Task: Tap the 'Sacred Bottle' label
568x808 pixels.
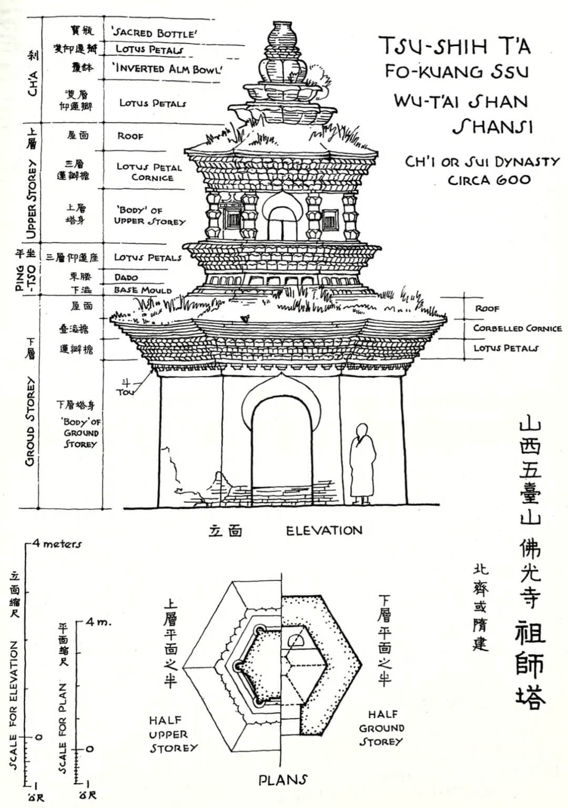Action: pos(155,33)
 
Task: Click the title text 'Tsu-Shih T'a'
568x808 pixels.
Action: pos(455,46)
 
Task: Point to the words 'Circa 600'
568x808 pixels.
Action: pos(489,180)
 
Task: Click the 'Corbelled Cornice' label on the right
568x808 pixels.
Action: pos(517,328)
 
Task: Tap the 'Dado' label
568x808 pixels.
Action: pos(126,277)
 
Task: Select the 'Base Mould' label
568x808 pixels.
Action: pos(143,290)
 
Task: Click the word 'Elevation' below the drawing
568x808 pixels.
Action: pos(324,531)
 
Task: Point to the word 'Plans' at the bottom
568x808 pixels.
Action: pos(282,780)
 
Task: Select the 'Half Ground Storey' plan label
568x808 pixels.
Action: pos(381,728)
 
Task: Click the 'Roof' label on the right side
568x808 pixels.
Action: pos(487,309)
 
